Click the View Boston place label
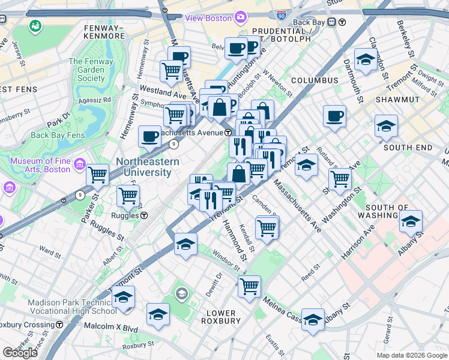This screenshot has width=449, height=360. [208, 18]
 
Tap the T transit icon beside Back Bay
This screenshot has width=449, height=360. [342, 22]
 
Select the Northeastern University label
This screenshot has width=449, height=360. [147, 167]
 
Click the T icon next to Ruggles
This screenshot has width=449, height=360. [145, 215]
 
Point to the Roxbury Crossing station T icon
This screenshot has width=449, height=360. [59, 325]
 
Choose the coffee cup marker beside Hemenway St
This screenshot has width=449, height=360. [149, 136]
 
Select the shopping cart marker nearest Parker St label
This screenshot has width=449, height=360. [97, 175]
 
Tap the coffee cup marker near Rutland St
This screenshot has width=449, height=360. [334, 116]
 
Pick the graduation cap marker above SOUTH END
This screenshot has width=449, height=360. [386, 125]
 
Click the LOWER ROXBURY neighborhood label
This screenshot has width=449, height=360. [221, 317]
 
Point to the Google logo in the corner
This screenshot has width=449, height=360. [20, 352]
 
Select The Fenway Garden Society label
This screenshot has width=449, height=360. [91, 70]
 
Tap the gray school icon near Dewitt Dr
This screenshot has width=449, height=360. [181, 293]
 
